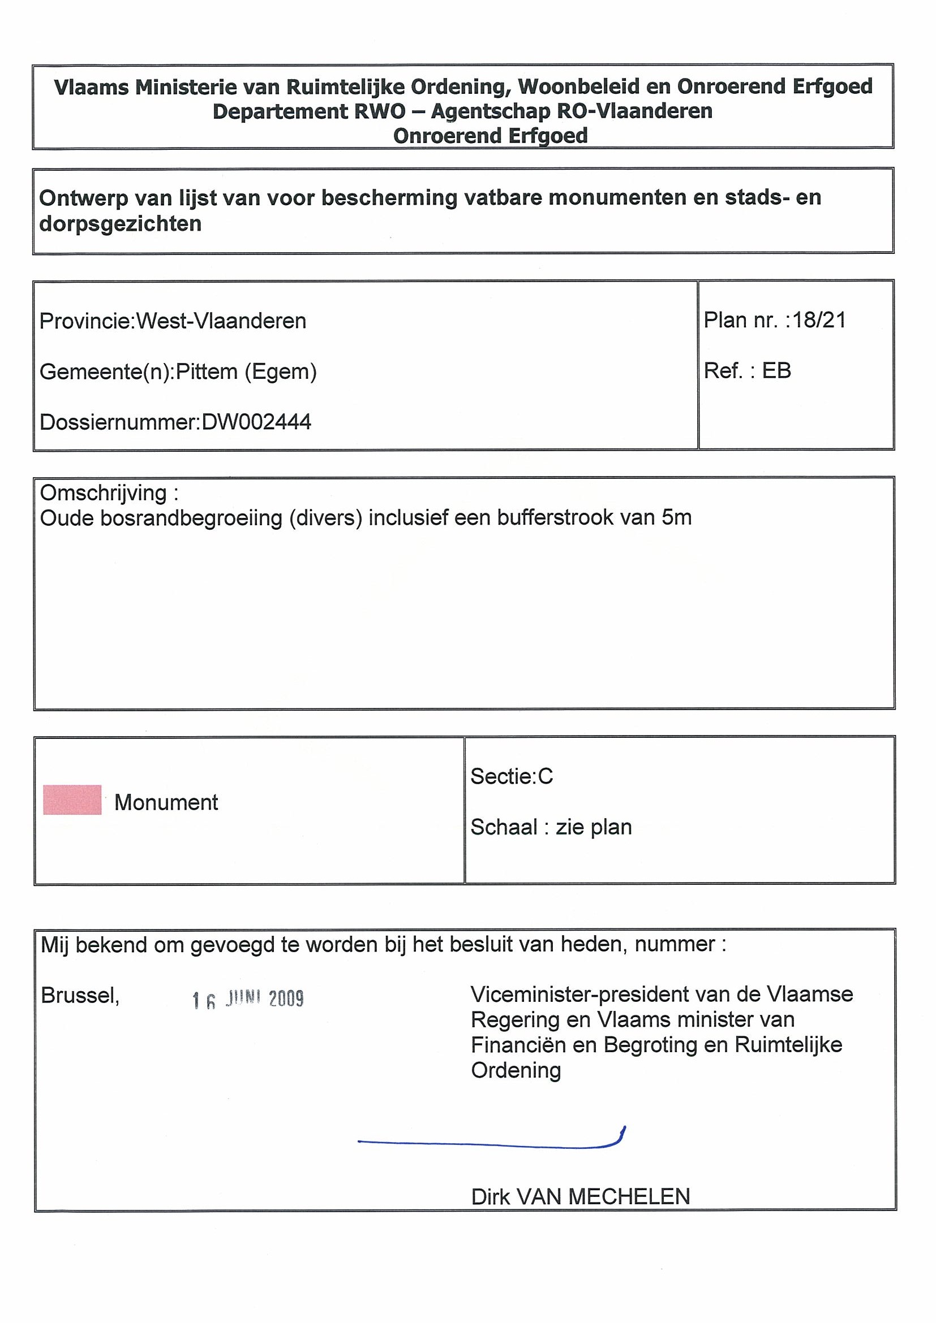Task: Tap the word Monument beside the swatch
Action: [166, 802]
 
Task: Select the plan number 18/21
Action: [819, 320]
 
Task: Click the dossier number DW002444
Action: [256, 422]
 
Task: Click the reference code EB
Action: [776, 370]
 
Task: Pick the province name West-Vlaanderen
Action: [221, 321]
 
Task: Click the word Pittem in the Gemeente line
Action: [207, 371]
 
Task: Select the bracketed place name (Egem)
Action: [281, 371]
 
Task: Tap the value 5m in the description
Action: [676, 517]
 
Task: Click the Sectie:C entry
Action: [512, 776]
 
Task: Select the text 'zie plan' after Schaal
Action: [594, 827]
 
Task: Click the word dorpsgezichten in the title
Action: [121, 223]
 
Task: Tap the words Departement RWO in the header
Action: [309, 111]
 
